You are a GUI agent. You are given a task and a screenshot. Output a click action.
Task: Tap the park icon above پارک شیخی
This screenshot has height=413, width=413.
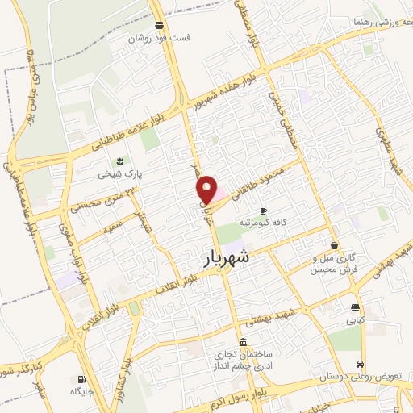[x=119, y=161]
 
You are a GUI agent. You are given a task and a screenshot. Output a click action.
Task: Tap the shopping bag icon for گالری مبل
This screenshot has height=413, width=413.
[x=334, y=244]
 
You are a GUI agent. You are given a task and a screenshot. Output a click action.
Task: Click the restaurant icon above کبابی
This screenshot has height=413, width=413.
[x=356, y=307]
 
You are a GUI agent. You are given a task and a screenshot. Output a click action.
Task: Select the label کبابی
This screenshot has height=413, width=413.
[x=356, y=319]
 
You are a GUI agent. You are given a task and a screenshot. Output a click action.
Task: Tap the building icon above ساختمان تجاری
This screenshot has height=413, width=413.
[x=244, y=341]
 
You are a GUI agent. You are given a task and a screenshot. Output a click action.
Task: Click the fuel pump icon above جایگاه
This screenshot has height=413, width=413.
[x=81, y=378]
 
